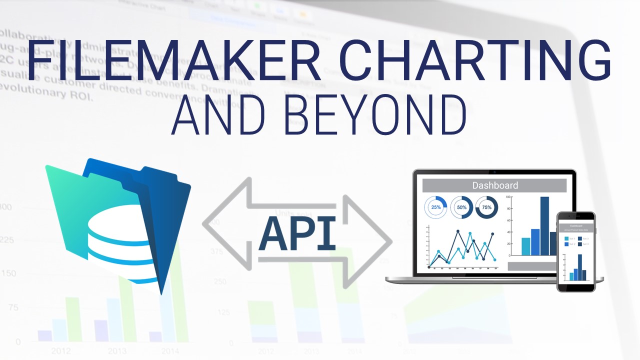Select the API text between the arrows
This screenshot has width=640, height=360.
coord(297,234)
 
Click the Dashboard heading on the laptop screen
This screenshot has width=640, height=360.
coord(494,185)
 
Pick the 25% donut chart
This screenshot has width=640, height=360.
coord(436,207)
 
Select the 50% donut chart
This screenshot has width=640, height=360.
coord(461,207)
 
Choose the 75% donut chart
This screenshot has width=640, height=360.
coord(486,207)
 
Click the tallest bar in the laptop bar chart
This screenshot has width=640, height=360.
coord(544,226)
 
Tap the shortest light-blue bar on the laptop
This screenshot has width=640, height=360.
coord(525,246)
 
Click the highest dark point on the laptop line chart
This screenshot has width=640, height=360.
coord(458,231)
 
